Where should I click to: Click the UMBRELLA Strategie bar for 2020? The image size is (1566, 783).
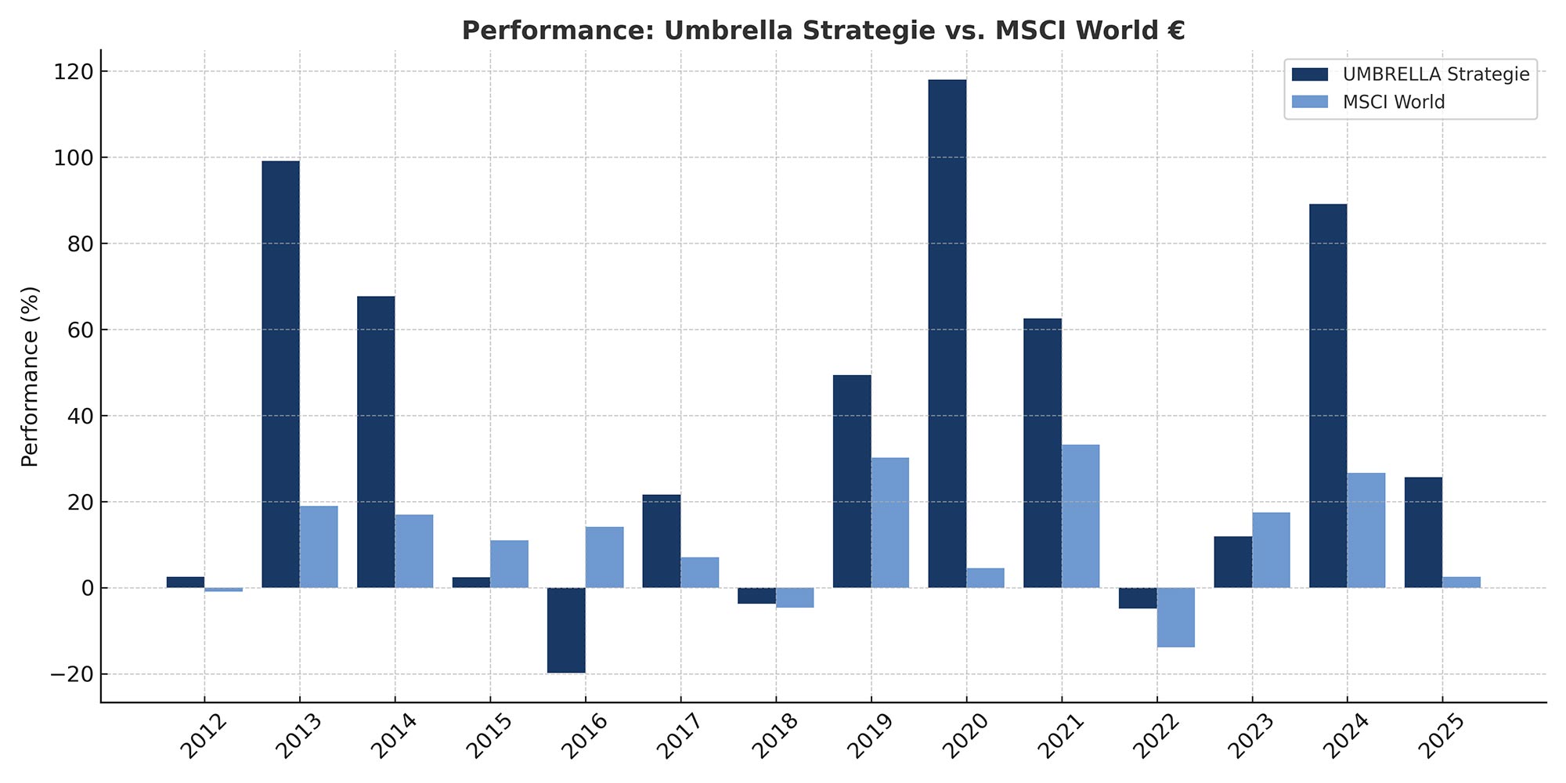click(947, 334)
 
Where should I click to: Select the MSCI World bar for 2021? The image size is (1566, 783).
click(1081, 516)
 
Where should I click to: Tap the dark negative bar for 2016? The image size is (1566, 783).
click(566, 630)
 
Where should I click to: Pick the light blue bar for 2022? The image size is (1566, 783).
click(1176, 617)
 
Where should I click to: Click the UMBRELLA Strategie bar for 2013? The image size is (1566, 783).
click(280, 374)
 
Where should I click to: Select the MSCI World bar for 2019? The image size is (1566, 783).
click(890, 522)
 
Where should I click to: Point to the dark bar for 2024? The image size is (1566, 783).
click(1328, 395)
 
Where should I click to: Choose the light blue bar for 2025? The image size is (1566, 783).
click(1462, 582)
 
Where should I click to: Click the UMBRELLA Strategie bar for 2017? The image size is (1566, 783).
click(662, 541)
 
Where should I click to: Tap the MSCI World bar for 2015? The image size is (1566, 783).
click(509, 564)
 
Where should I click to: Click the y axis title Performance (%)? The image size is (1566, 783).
click(31, 377)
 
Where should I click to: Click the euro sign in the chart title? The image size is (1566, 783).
click(1174, 31)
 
